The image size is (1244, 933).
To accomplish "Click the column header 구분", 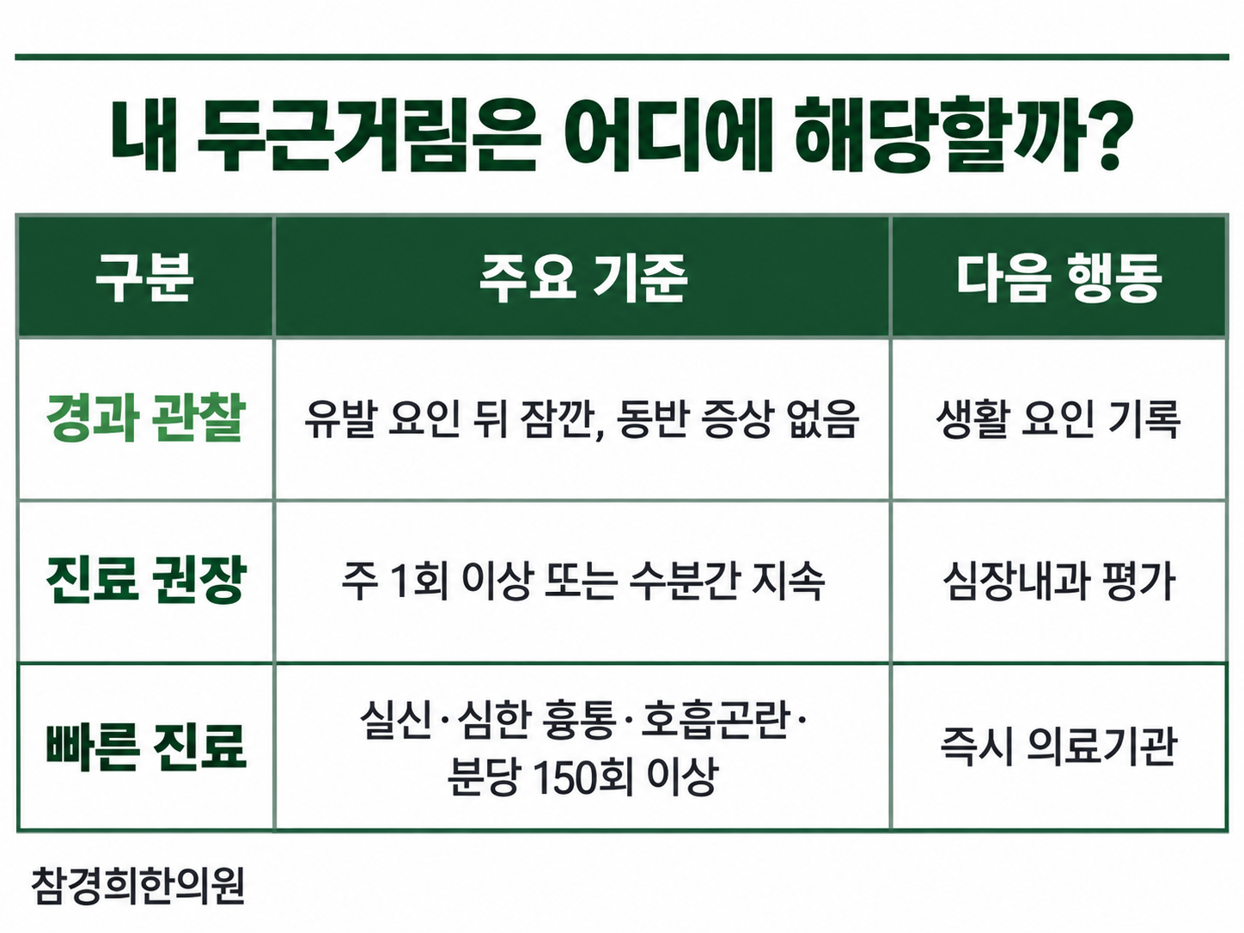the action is point(144,277).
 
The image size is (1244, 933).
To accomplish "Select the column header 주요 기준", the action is point(583,277).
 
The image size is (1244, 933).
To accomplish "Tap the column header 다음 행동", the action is point(1059,277).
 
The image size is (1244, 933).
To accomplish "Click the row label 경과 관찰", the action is point(145,418).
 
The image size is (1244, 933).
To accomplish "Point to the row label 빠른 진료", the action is point(146,747).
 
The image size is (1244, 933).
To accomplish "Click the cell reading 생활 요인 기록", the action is point(1058,419).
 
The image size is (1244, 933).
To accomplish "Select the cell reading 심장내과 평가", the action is point(1058,582).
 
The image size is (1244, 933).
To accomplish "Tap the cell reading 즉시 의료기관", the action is point(1058,747).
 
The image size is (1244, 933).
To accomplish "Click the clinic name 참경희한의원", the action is point(137,886).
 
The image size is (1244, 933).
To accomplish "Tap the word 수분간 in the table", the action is point(684,582).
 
